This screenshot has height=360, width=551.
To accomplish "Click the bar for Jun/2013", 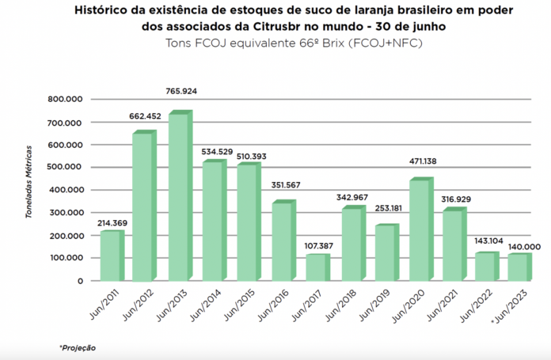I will click(179, 198).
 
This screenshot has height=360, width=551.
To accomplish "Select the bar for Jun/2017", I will click(317, 267).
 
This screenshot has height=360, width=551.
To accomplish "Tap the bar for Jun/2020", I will click(420, 231).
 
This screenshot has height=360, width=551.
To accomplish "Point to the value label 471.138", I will click(422, 161).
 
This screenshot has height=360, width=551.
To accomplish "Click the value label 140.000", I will click(524, 246).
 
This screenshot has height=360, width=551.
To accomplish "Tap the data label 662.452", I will click(145, 116).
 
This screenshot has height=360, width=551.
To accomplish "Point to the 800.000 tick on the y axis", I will click(66, 100).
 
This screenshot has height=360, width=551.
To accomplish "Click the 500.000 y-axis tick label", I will click(66, 167).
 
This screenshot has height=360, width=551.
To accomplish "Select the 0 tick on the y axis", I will click(80, 281).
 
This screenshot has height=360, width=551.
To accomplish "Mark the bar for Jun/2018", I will click(351, 244).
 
